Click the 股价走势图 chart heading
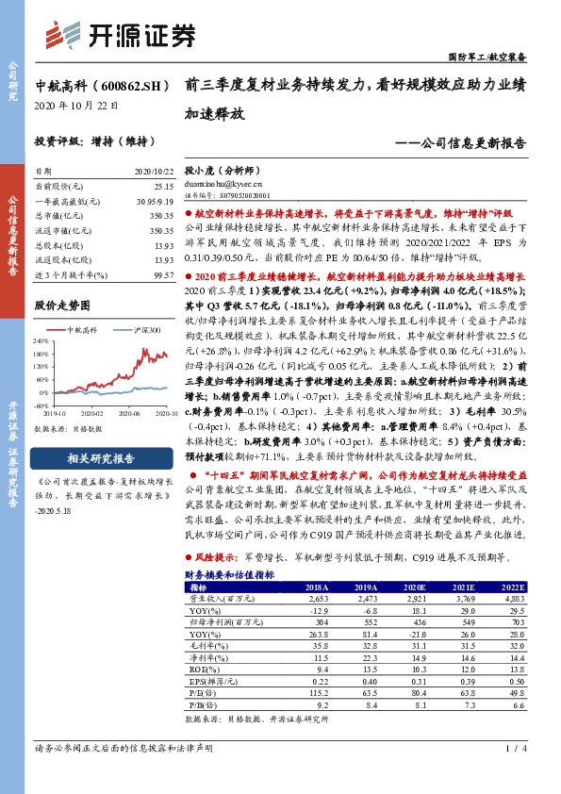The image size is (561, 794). click(62, 306)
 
